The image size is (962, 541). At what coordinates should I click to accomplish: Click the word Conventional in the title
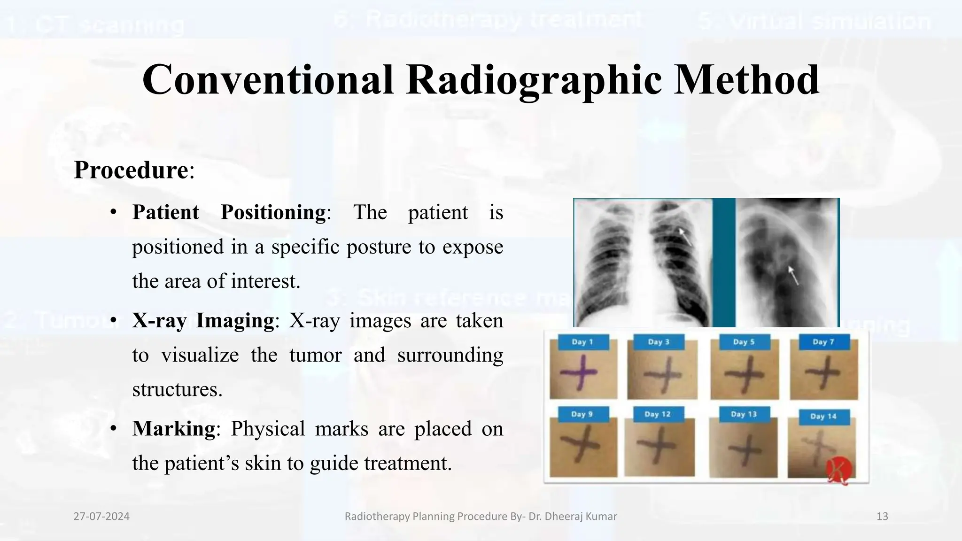click(x=268, y=80)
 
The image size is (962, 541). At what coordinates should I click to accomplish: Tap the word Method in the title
click(x=747, y=80)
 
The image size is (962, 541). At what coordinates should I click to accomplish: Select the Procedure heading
click(x=131, y=170)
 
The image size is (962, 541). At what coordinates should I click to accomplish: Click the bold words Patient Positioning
click(x=229, y=212)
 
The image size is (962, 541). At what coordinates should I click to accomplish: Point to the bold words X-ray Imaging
click(x=203, y=321)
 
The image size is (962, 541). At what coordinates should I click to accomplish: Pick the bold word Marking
click(x=173, y=429)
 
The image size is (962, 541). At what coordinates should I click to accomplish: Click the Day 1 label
click(x=582, y=342)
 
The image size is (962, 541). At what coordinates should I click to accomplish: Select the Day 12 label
click(x=657, y=414)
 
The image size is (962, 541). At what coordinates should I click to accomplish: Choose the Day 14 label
click(x=823, y=416)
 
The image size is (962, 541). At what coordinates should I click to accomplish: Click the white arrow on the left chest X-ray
click(x=685, y=237)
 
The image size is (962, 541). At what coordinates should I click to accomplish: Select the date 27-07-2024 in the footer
click(x=101, y=517)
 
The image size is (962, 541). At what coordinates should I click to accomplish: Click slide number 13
click(x=882, y=517)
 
